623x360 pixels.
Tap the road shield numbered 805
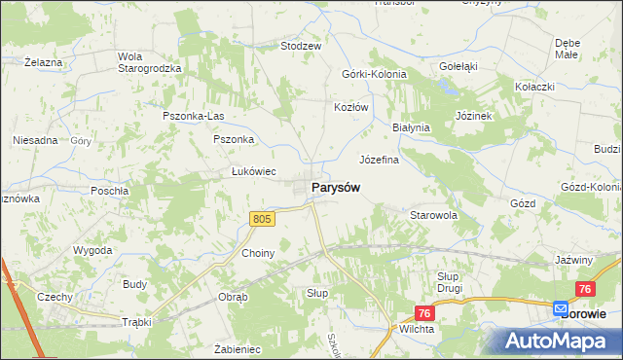(261, 220)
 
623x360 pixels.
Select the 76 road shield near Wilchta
(423, 312)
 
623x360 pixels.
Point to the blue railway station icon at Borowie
(561, 308)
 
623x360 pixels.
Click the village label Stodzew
(301, 46)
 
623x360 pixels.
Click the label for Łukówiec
(251, 170)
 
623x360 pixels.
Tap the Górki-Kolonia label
(374, 74)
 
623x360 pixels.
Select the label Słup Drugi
(449, 282)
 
